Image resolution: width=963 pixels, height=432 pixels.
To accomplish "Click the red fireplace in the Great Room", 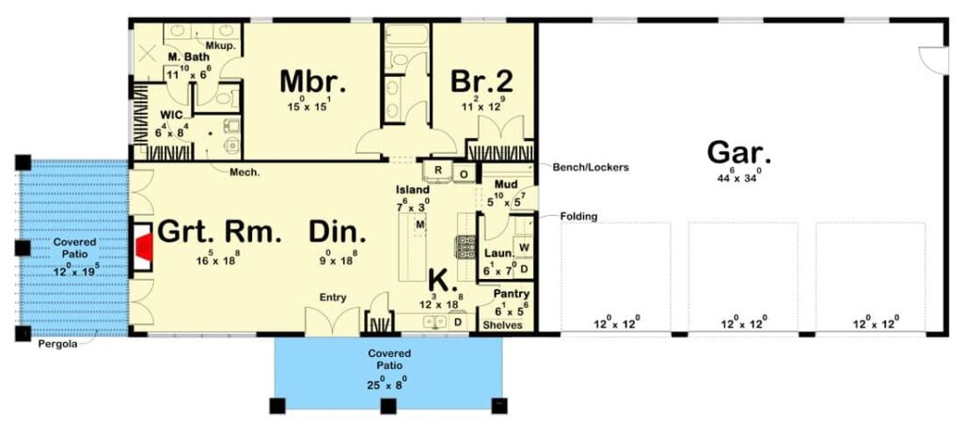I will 144,249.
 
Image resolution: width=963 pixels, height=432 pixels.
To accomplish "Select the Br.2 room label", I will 481,82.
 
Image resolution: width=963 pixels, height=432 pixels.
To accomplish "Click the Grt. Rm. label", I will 219,232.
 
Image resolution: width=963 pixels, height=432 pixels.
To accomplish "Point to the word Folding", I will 578,217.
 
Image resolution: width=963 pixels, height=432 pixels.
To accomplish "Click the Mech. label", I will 246,172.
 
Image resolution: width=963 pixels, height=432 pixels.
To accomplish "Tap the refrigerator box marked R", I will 438,171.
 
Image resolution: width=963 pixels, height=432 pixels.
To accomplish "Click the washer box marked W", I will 524,248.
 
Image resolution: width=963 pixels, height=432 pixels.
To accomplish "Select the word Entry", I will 333,298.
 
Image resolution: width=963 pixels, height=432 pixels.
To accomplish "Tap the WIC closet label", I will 170,116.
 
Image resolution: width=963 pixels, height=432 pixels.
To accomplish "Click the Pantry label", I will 512,294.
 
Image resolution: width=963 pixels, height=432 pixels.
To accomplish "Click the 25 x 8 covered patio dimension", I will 387,384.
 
